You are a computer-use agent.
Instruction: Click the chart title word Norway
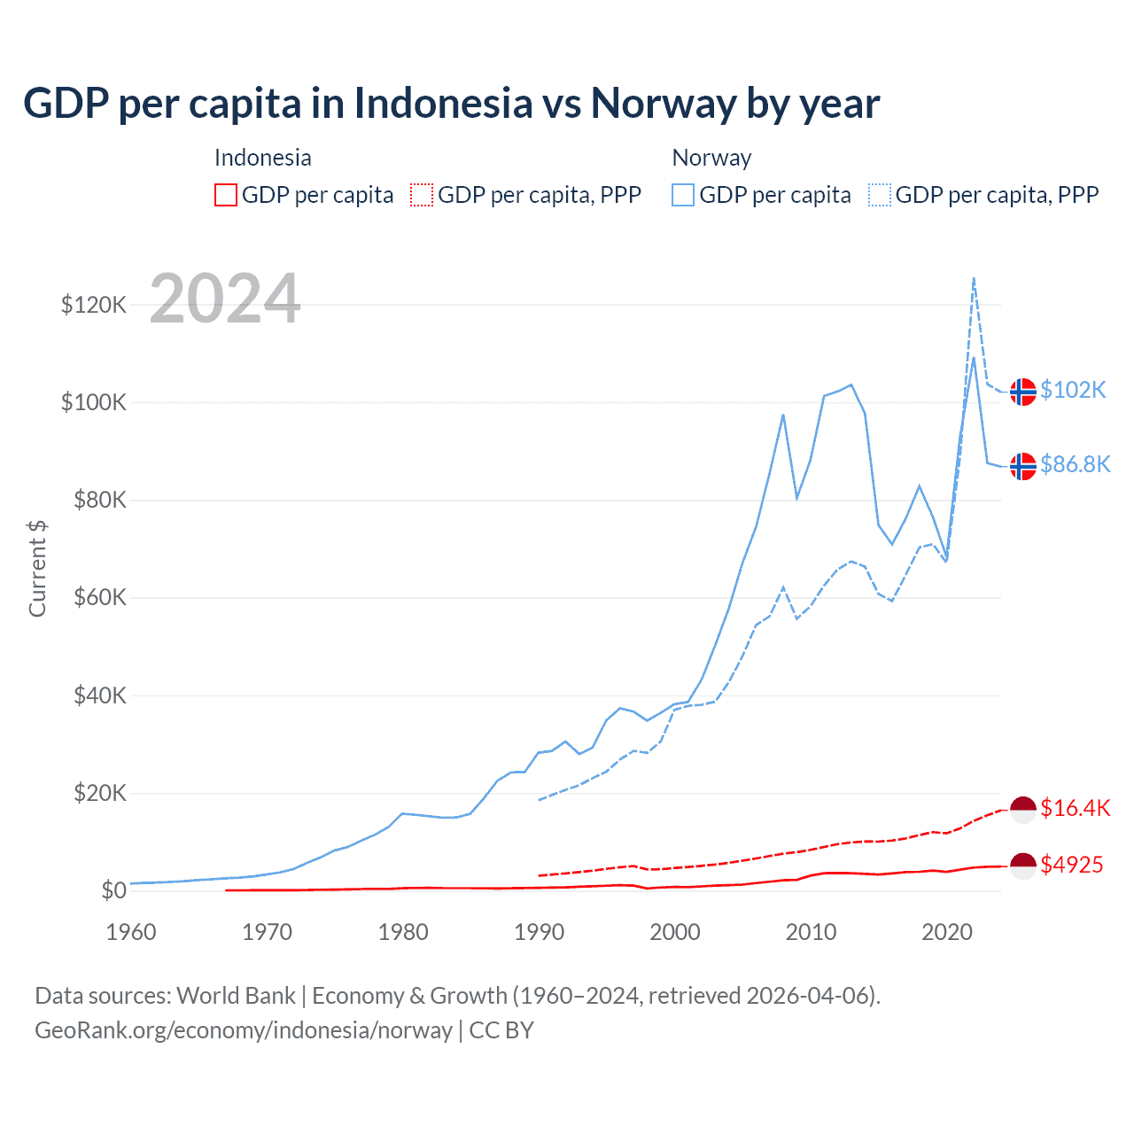click(x=663, y=104)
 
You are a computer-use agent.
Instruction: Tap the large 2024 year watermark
click(x=225, y=299)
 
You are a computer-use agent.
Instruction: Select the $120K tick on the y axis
click(x=94, y=306)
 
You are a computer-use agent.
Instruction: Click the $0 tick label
click(x=113, y=890)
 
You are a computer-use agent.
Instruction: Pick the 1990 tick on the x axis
click(x=539, y=932)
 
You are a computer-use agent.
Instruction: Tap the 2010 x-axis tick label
click(x=811, y=932)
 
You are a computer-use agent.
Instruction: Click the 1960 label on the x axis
click(x=131, y=932)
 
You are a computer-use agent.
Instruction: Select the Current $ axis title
click(x=37, y=569)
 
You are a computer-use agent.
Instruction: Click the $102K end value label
click(x=1073, y=390)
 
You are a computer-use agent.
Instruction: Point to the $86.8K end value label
click(x=1075, y=464)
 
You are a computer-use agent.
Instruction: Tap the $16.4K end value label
click(x=1075, y=808)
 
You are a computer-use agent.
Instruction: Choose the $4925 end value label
click(x=1071, y=865)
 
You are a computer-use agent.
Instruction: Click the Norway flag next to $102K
click(x=1023, y=391)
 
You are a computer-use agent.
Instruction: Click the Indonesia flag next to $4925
click(x=1023, y=866)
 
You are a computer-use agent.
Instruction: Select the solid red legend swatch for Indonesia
click(x=226, y=195)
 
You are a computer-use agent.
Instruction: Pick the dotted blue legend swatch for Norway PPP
click(x=880, y=195)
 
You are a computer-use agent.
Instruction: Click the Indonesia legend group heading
click(x=263, y=158)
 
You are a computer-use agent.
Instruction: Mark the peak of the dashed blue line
click(x=974, y=277)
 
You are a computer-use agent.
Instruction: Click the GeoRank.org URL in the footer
click(x=244, y=1030)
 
